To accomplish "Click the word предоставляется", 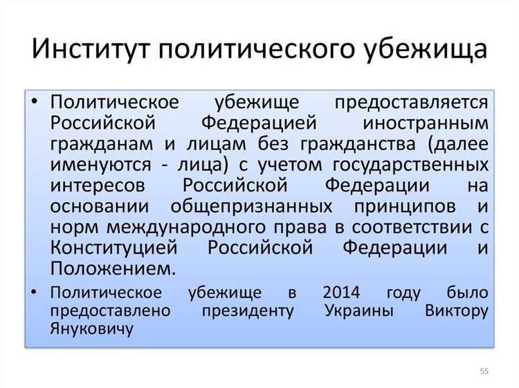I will (x=412, y=102).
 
